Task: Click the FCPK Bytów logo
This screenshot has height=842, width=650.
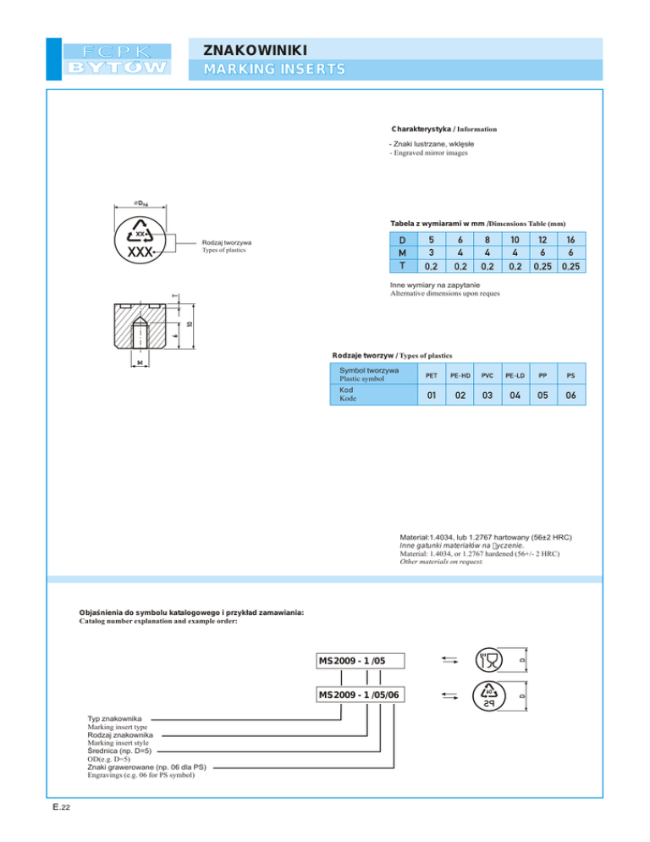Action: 117,59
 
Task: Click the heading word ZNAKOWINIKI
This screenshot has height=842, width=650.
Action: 256,51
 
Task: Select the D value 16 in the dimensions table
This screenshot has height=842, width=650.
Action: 570,240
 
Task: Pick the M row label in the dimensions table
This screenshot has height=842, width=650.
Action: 403,252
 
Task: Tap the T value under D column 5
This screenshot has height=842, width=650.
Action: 431,266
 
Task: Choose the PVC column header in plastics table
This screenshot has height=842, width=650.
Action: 487,375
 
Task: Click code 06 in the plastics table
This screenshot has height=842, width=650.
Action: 570,396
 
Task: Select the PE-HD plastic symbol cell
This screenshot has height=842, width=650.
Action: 460,375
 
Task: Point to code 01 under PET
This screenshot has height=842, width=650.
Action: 432,396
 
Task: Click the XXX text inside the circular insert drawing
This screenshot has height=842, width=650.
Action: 140,252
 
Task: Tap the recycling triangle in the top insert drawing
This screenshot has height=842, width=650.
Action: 140,231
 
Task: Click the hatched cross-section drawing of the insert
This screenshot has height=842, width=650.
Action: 140,326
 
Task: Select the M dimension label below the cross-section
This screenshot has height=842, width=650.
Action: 140,363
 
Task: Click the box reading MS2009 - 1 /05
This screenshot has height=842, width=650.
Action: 361,661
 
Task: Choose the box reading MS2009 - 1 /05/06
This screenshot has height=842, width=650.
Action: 361,695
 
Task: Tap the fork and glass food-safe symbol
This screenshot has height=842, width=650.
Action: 489,660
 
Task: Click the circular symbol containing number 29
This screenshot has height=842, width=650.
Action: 489,696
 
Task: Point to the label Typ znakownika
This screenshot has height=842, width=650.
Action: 115,718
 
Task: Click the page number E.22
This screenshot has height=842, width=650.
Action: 61,807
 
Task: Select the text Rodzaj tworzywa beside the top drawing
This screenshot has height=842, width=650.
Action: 227,243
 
